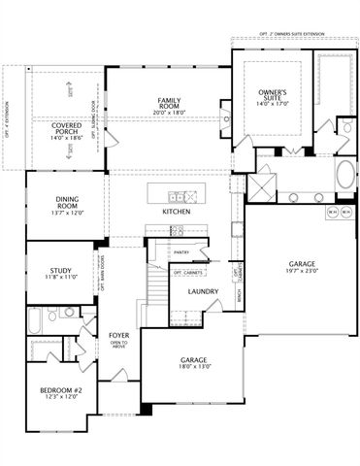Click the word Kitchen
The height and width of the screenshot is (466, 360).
[176, 212]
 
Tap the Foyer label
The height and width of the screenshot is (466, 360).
[118, 335]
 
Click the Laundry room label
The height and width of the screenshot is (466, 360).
[203, 291]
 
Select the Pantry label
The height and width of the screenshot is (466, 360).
[180, 251]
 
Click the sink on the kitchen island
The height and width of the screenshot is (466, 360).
[177, 190]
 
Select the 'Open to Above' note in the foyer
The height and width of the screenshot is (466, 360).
[118, 345]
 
